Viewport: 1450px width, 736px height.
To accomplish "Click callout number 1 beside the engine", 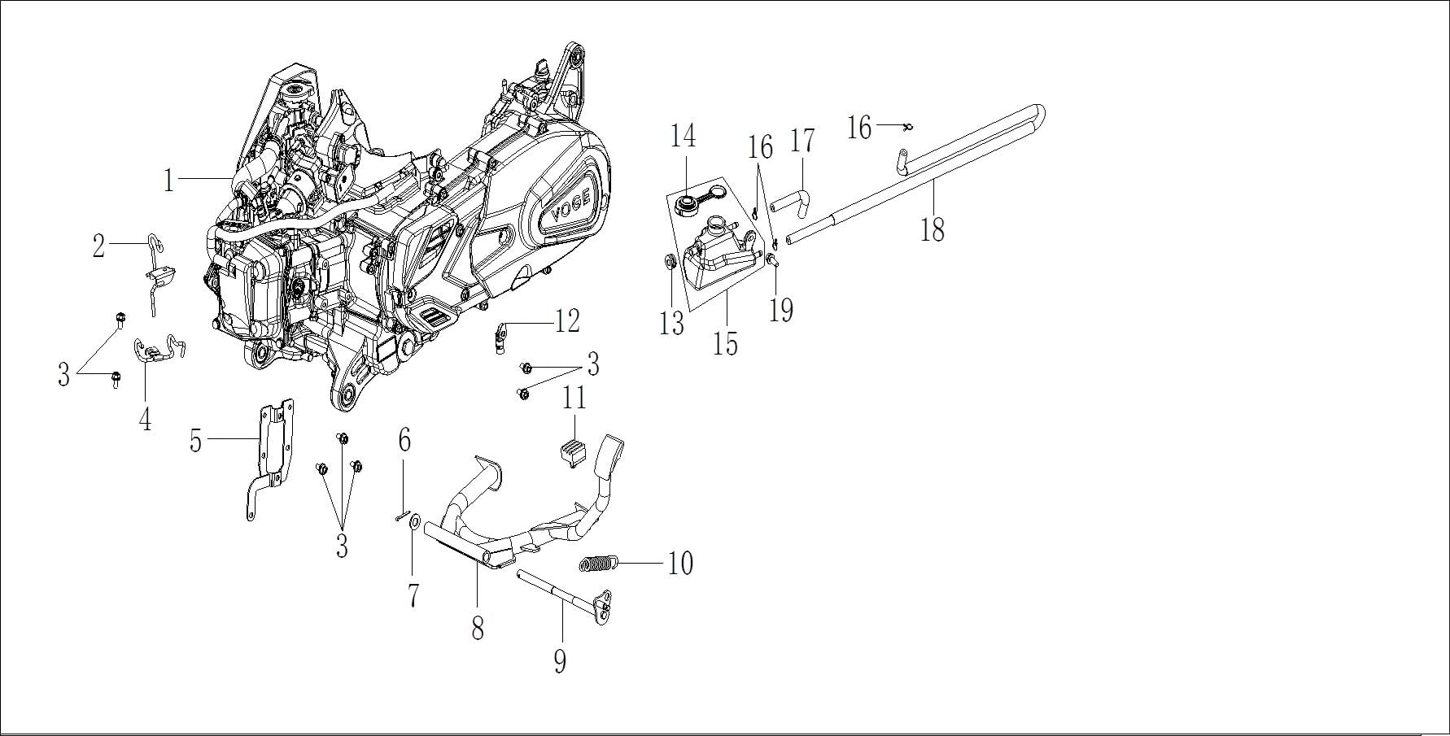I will point(168,181).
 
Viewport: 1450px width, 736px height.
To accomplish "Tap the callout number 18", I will point(932,229).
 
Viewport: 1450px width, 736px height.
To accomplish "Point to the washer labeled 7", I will point(414,521).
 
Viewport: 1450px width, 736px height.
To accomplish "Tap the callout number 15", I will point(725,342).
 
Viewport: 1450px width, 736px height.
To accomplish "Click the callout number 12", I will point(567,321).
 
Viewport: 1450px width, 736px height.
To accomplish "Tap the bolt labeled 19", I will point(771,259).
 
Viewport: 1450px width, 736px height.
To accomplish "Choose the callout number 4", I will point(145,419).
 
